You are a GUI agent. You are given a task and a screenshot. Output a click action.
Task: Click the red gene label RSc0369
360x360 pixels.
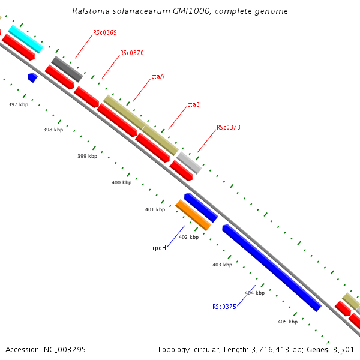[x=105, y=32]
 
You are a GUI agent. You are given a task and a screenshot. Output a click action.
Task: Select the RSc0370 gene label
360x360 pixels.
[x=132, y=53]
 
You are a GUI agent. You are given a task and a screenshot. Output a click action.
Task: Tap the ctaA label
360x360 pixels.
[x=158, y=76]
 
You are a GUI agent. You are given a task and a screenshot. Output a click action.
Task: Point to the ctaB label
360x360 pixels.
[x=193, y=104]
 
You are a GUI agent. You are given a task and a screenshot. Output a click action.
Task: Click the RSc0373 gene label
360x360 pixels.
[x=229, y=127]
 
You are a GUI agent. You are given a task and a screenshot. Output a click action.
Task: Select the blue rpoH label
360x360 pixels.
[x=159, y=247]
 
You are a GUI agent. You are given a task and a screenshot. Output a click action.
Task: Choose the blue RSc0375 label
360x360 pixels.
[x=224, y=307]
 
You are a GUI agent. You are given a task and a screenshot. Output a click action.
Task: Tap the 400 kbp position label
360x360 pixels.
[x=122, y=182]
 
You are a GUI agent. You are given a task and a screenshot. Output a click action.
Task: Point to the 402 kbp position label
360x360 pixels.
[x=188, y=237]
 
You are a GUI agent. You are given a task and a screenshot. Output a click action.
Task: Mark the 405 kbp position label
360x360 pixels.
[x=287, y=322]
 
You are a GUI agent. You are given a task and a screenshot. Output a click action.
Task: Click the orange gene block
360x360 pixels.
[x=193, y=215]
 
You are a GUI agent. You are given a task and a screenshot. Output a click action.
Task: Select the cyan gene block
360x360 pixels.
[x=25, y=38]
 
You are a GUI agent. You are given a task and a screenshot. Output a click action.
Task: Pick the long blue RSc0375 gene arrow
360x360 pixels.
[x=271, y=268]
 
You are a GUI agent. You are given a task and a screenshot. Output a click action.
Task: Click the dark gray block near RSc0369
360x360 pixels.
[x=67, y=68]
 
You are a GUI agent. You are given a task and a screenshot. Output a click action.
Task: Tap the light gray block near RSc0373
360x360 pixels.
[x=188, y=163]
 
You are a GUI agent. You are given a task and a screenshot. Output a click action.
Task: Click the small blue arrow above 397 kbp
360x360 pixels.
[x=32, y=77]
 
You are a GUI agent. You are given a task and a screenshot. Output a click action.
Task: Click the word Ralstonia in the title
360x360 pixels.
[x=91, y=11]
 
